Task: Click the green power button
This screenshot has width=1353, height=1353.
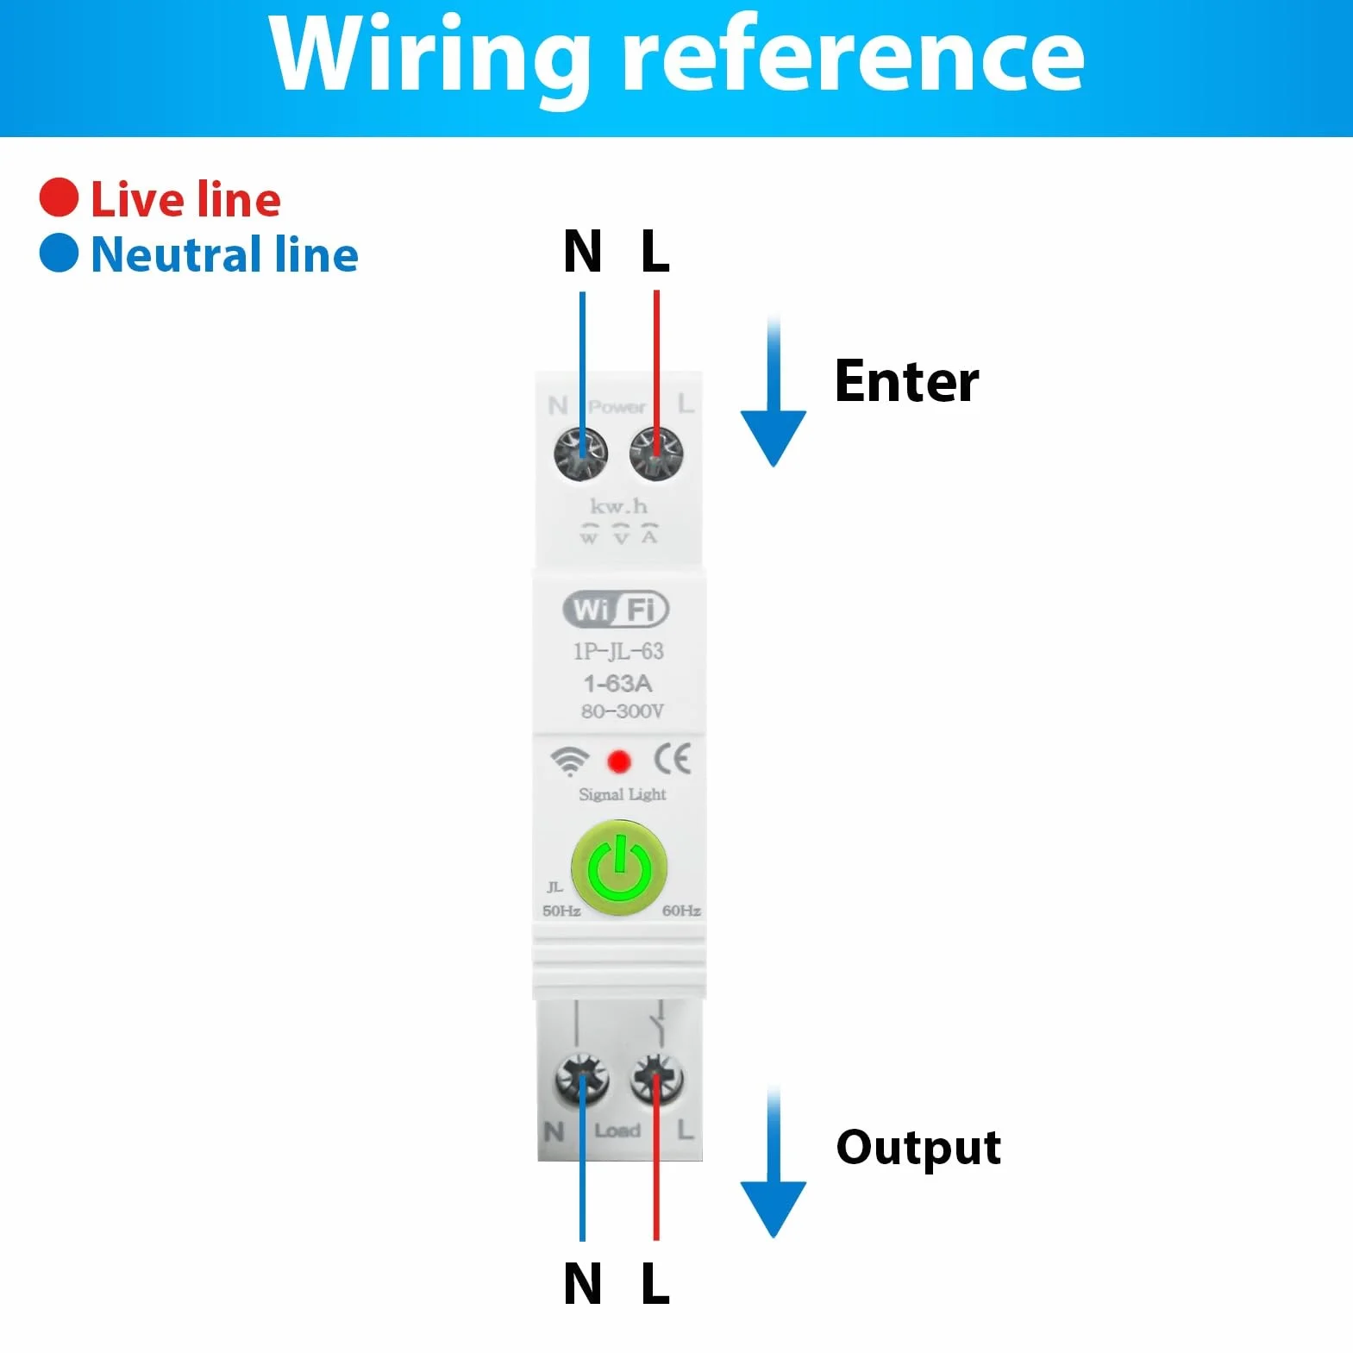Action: coord(619,867)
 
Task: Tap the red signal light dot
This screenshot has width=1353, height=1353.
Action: coord(619,761)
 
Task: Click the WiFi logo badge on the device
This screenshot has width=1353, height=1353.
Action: coord(616,610)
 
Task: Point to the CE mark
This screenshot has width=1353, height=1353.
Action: coord(672,759)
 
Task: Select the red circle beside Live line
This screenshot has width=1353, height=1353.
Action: coord(59,197)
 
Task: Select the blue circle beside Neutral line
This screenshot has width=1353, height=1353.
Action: coord(59,253)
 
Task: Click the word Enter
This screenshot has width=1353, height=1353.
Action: coord(906,381)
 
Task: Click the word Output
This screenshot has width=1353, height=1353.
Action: coord(918,1149)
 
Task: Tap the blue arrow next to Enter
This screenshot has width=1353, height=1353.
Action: coord(774,392)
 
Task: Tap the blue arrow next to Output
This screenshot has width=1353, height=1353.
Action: coord(774,1164)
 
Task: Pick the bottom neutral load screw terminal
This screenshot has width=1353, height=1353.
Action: coord(581,1079)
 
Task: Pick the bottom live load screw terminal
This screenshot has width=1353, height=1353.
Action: coord(657,1079)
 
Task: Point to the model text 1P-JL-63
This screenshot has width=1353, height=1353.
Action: coord(618,651)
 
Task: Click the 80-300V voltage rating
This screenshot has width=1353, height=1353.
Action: coord(622,711)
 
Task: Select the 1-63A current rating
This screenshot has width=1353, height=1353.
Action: coord(617,684)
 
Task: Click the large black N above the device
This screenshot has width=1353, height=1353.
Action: coord(582,252)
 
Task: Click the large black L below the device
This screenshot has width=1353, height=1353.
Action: coord(655,1284)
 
